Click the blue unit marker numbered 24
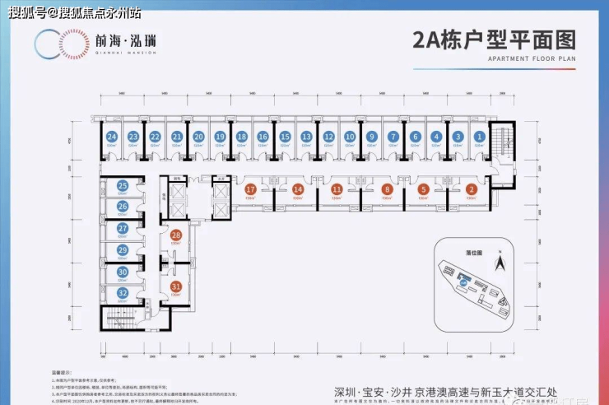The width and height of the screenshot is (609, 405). [111, 137]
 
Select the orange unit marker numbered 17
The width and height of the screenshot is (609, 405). [250, 189]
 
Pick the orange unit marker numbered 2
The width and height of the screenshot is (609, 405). [471, 189]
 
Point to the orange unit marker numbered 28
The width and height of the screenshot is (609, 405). [175, 235]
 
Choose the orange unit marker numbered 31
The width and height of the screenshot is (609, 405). [175, 286]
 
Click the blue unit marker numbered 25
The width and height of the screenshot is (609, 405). [122, 187]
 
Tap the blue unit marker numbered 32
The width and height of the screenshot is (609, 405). [122, 292]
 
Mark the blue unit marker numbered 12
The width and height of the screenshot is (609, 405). [328, 137]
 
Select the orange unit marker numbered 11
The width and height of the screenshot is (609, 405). [337, 189]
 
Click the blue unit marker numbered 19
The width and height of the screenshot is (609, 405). [219, 137]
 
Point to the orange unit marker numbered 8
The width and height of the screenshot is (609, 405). [387, 189]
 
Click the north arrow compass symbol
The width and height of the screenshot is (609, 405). [498, 263]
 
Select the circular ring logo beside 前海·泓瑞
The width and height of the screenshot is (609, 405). [55, 42]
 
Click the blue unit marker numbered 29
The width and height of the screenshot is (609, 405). [122, 249]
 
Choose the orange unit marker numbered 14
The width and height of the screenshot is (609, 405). [298, 189]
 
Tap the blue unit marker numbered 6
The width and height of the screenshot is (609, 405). [415, 137]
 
